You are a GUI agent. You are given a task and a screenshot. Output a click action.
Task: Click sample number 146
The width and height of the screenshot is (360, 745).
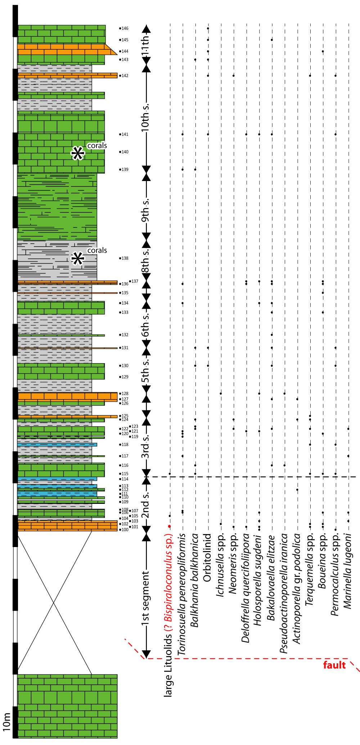pyautogui.click(x=125, y=28)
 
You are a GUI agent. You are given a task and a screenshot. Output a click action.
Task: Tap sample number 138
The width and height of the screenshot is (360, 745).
pyautogui.click(x=125, y=258)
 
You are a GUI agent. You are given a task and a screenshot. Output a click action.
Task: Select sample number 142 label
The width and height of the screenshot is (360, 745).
pyautogui.click(x=125, y=76)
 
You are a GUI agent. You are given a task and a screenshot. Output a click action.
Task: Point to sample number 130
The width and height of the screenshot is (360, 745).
pyautogui.click(x=125, y=366)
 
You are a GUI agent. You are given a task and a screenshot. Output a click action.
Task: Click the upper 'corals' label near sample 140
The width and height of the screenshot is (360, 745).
pyautogui.click(x=97, y=146)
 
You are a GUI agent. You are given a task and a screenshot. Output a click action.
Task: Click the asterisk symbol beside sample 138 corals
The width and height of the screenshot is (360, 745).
pyautogui.click(x=77, y=258)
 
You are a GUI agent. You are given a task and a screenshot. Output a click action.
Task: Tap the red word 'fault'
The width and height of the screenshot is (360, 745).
pyautogui.click(x=334, y=665)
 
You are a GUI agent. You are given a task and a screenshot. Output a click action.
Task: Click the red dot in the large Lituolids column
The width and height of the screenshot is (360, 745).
pyautogui.click(x=170, y=527)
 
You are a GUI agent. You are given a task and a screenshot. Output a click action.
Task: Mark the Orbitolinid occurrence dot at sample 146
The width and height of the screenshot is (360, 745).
pyautogui.click(x=208, y=28)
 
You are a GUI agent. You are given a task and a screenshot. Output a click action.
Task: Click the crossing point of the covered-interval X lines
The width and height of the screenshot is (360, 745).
pyautogui.click(x=54, y=603)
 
